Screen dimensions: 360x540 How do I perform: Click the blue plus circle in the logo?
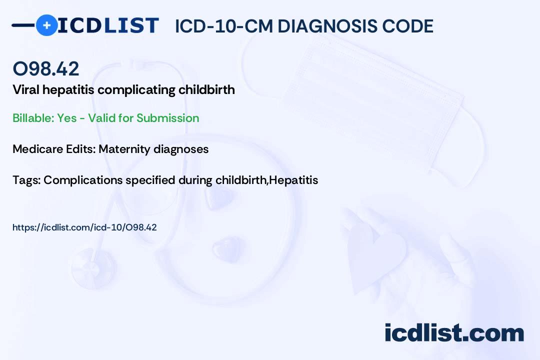pos(46,25)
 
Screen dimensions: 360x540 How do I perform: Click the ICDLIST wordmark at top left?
pos(108,25)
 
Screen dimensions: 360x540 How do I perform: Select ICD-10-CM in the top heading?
pos(223,26)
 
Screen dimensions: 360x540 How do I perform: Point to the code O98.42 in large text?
pos(45,69)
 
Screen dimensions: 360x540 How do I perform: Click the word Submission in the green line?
pos(167,118)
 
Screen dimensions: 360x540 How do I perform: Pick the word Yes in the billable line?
pos(66,118)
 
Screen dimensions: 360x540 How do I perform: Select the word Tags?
pos(25,180)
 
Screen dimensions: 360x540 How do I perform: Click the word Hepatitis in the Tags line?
pos(293,180)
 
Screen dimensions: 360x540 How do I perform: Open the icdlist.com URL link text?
pos(84,227)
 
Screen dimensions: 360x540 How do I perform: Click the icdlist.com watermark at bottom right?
pos(454,333)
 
